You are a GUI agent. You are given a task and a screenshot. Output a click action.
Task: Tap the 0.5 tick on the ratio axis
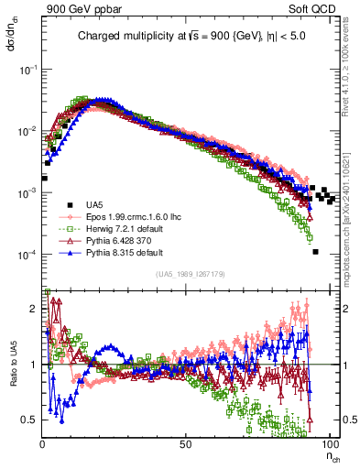click(x=31, y=420)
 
